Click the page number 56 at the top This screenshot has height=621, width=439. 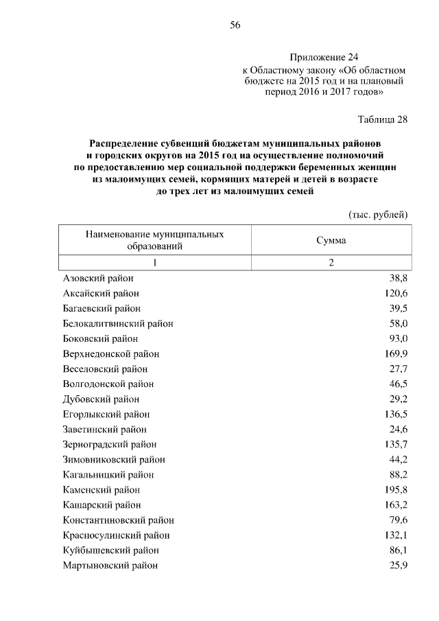pyautogui.click(x=235, y=25)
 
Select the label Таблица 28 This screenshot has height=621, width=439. pyautogui.click(x=383, y=119)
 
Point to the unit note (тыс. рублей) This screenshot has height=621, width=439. pyautogui.click(x=379, y=214)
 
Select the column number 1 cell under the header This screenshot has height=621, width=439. pyautogui.click(x=154, y=264)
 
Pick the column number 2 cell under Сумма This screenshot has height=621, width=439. pyautogui.click(x=331, y=264)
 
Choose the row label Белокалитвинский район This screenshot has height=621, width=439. pyautogui.click(x=117, y=324)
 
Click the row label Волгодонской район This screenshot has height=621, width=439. pyautogui.click(x=108, y=384)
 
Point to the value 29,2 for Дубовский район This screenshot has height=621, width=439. pyautogui.click(x=398, y=399)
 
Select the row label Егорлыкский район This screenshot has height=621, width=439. pyautogui.click(x=106, y=414)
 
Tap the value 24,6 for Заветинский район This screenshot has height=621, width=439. pyautogui.click(x=398, y=430)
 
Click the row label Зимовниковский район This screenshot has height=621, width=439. pyautogui.click(x=113, y=460)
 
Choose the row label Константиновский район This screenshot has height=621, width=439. pyautogui.click(x=118, y=520)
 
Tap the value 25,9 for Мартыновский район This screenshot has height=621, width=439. pyautogui.click(x=398, y=565)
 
